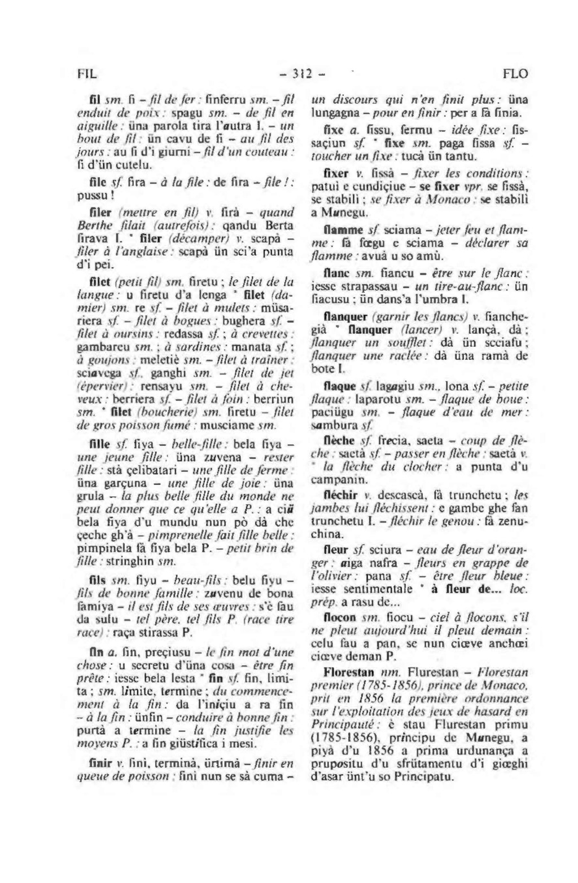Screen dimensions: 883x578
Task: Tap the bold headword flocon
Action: pos(339,617)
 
